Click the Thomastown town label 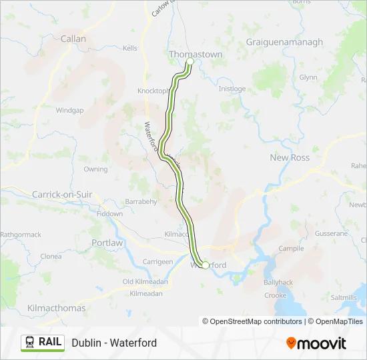point(196,53)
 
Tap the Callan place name point(73,39)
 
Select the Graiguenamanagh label point(284,42)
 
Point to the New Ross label point(290,157)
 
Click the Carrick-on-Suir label point(62,194)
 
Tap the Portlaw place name point(107,243)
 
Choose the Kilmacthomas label point(56,308)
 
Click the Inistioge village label point(232,89)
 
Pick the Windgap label point(69,110)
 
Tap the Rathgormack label point(21,235)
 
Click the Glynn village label point(308,77)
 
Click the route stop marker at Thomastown point(190,61)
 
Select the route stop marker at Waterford point(204,264)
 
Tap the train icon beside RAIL point(30,342)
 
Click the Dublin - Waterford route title point(114,343)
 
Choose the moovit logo point(316,343)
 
